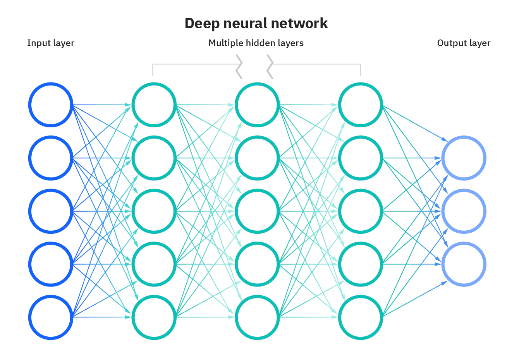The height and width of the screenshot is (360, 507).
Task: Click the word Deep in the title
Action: click(200, 24)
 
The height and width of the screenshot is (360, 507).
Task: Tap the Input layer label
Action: click(50, 43)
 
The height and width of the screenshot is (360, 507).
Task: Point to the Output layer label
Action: click(464, 43)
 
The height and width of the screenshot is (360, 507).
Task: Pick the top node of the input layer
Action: click(51, 105)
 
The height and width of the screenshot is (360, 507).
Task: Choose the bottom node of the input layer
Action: click(51, 317)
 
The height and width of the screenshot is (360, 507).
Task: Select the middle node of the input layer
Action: click(51, 211)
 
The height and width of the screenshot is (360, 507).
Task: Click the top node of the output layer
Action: click(464, 158)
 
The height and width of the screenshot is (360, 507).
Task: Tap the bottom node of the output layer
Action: click(464, 264)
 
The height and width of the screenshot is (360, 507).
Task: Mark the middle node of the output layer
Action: click(464, 211)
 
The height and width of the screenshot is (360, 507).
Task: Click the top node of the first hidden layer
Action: click(154, 105)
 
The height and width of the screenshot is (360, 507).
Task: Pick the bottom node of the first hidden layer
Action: click(154, 317)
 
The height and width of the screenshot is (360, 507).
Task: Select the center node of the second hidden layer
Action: click(257, 211)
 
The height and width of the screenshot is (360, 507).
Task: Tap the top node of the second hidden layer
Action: click(257, 105)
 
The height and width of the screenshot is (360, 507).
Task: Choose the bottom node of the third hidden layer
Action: click(360, 317)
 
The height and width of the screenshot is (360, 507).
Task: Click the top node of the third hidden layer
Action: click(360, 105)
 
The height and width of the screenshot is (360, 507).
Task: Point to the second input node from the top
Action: click(51, 158)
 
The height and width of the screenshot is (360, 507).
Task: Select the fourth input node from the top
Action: click(51, 264)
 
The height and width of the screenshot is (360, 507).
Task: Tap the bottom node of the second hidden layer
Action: click(257, 317)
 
